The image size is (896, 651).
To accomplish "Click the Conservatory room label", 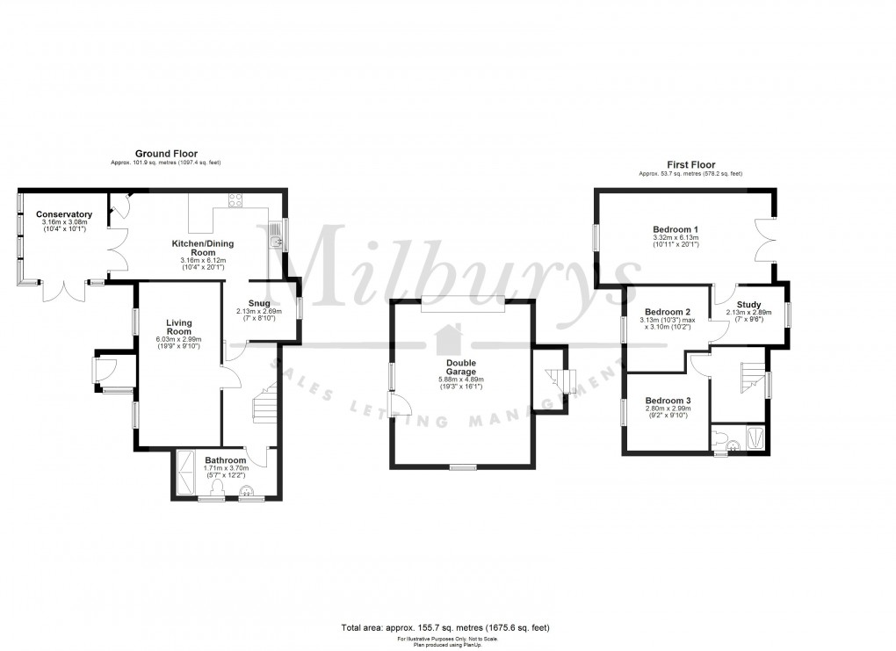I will [64, 214].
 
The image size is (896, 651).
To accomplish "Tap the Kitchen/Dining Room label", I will [203, 246].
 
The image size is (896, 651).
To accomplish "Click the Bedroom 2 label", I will [668, 312].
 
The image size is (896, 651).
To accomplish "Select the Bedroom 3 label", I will [668, 401].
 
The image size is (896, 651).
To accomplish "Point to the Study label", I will [748, 305].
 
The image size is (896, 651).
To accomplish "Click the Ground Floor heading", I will [166, 154].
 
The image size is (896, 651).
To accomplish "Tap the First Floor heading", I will [690, 164].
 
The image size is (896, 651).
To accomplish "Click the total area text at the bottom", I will [445, 627].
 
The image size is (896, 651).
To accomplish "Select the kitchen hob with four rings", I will [235, 199].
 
